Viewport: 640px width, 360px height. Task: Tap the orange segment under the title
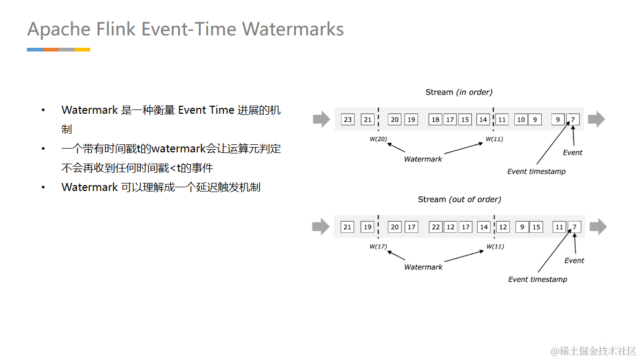[x=50, y=49]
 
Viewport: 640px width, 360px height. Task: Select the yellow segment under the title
[x=82, y=49]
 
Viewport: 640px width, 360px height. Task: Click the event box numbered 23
[x=348, y=119]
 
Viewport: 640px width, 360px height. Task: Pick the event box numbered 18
[x=435, y=119]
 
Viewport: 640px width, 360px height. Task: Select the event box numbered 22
[x=436, y=227]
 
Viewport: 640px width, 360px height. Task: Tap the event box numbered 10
[x=521, y=119]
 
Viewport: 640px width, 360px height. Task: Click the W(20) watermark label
[x=379, y=139]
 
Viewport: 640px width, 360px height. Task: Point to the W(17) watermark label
[x=379, y=247]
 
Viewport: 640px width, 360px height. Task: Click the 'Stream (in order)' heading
[x=459, y=92]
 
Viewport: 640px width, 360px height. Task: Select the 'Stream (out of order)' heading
[x=460, y=200]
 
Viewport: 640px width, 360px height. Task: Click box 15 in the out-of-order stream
[x=536, y=227]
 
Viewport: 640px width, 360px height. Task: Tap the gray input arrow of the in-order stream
[x=321, y=119]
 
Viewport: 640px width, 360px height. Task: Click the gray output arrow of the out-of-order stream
[x=598, y=227]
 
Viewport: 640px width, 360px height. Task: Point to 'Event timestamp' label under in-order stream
[x=536, y=172]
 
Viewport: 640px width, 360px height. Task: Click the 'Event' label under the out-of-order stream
[x=574, y=261]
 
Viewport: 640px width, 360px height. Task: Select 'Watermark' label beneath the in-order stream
[x=423, y=159]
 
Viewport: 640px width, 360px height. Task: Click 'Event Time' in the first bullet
[x=206, y=110]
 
